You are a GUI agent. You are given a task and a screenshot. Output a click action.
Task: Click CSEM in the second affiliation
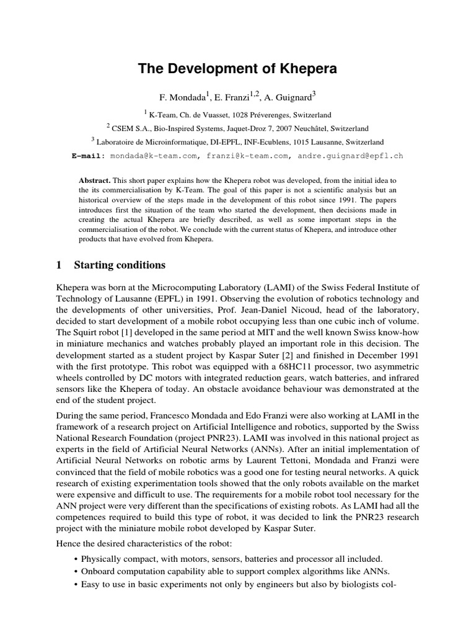click(x=125, y=129)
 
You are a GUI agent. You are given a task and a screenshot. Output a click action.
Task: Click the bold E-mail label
click(x=89, y=156)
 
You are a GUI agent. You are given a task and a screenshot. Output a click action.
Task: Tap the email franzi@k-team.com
click(x=244, y=156)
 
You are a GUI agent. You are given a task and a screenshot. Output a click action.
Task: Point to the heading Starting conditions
click(x=120, y=265)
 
